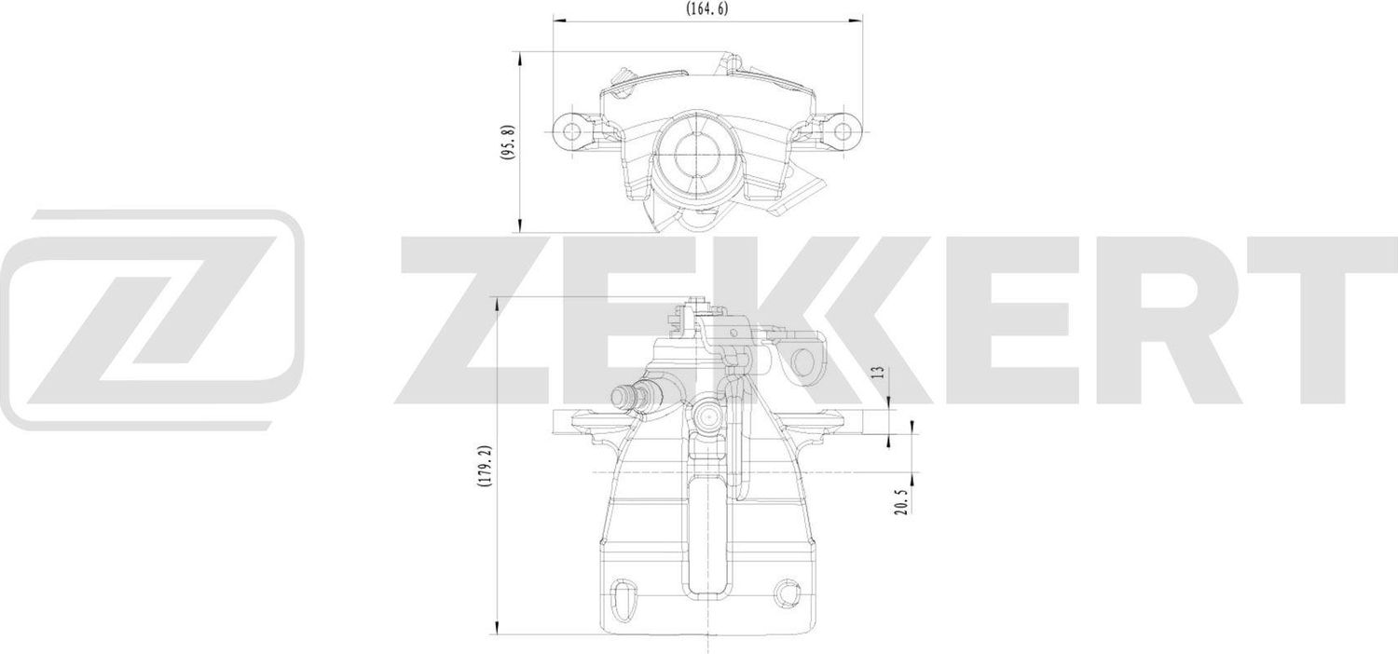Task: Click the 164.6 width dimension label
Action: click(707, 8)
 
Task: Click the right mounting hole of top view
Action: click(843, 130)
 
